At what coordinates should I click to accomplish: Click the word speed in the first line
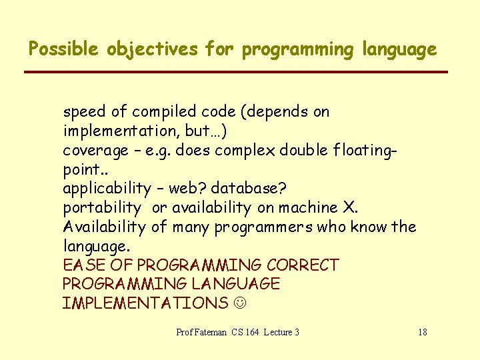[x=83, y=112]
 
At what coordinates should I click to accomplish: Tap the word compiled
[x=153, y=112]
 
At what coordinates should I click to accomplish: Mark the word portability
[x=102, y=208]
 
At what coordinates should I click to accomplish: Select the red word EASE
[x=83, y=265]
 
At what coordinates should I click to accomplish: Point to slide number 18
[x=422, y=332]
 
